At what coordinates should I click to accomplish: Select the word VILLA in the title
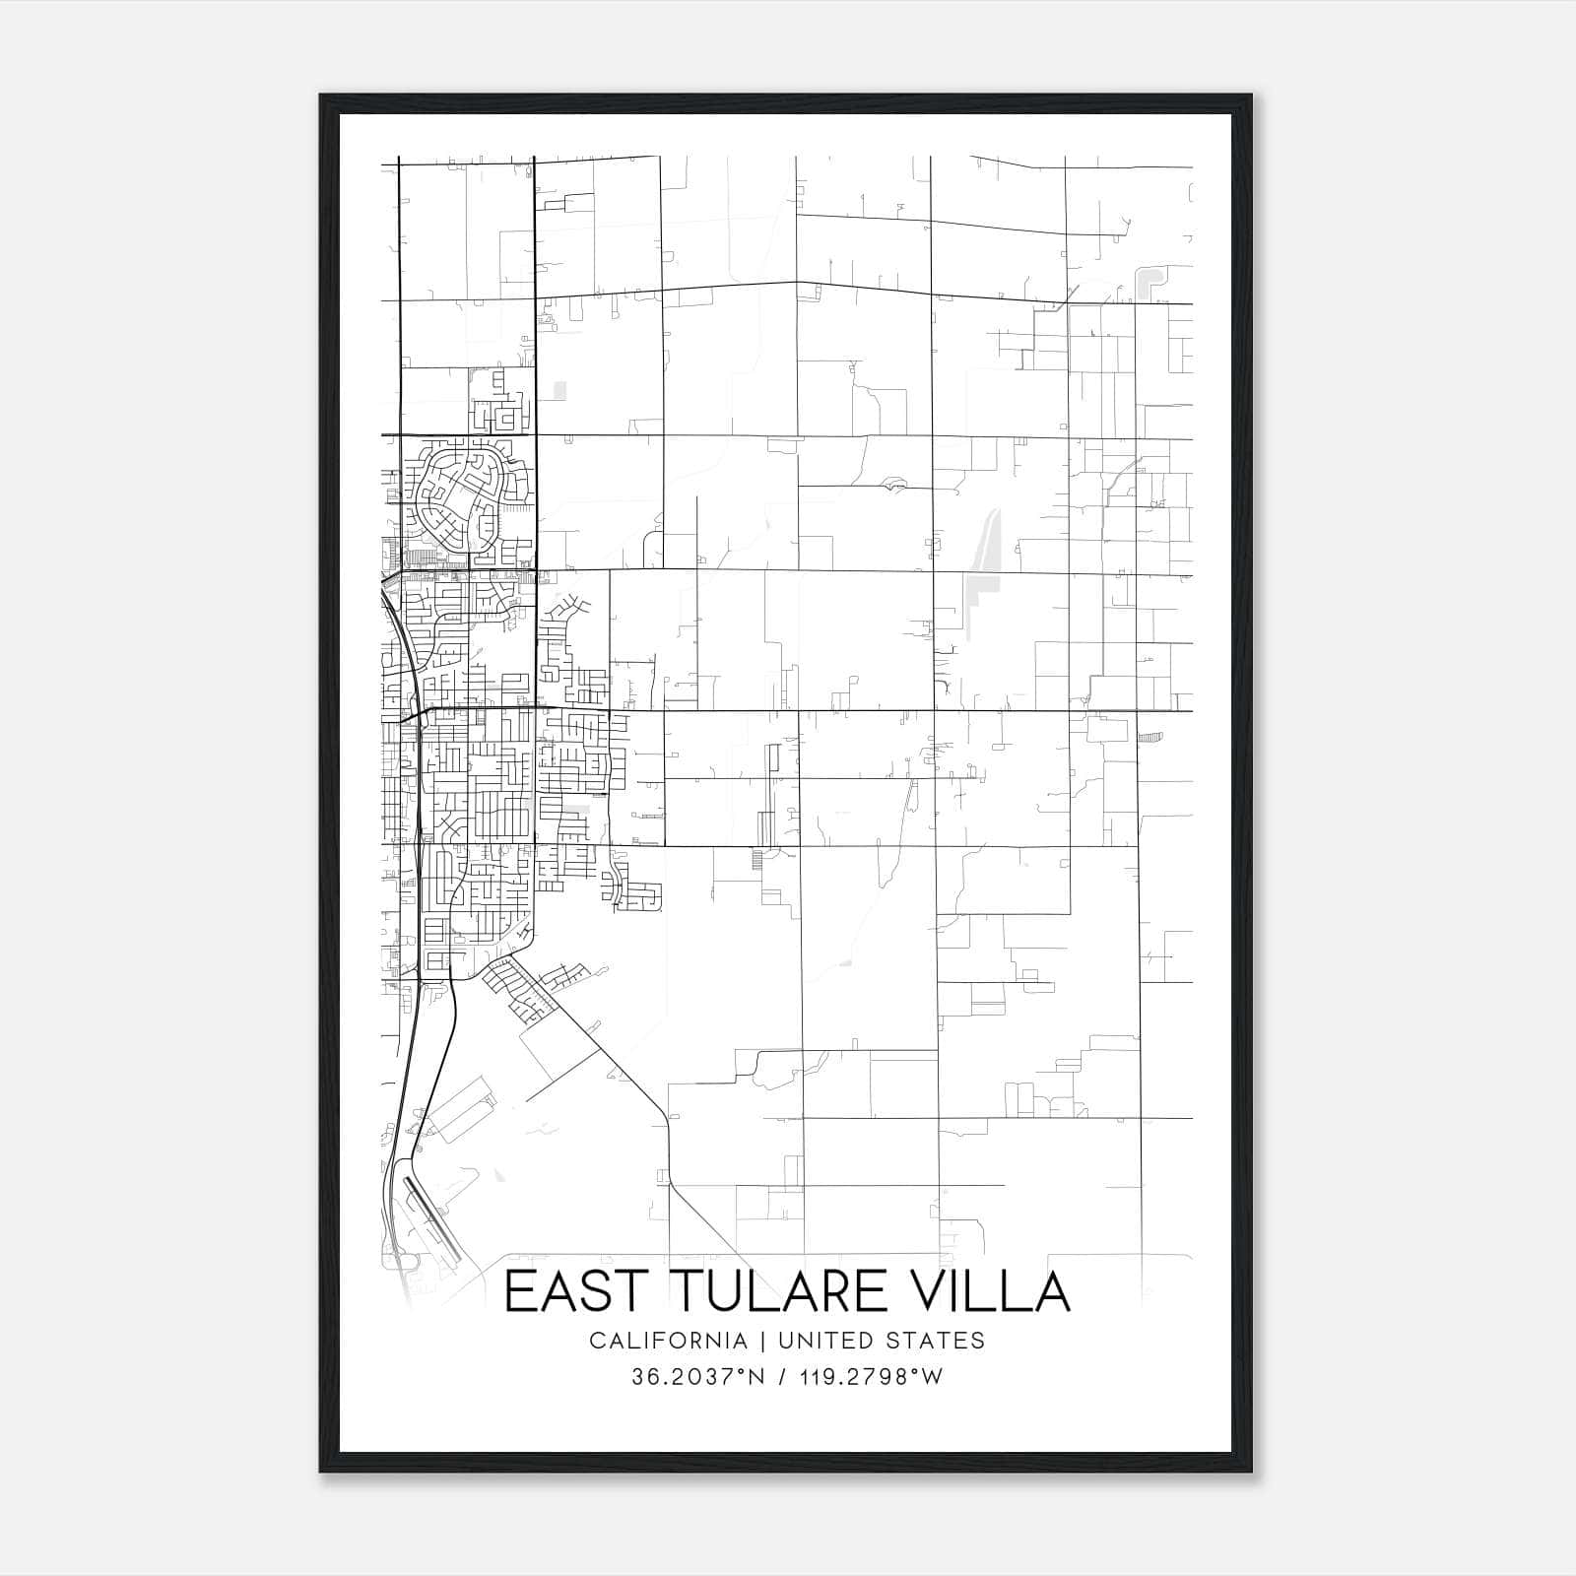[985, 1292]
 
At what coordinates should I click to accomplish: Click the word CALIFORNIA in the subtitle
[668, 1340]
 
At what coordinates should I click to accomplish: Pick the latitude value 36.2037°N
[698, 1376]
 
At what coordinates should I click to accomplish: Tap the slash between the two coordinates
[783, 1376]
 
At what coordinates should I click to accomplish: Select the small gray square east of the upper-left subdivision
[560, 391]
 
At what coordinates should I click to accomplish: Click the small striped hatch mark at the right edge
[1150, 737]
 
